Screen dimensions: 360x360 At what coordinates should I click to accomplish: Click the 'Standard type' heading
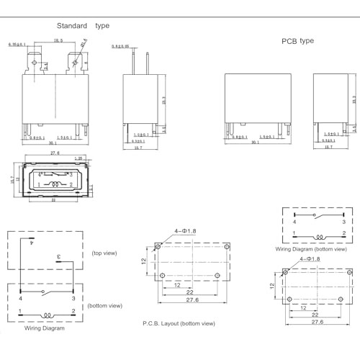pos(84,26)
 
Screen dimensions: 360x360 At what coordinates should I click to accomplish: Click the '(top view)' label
pos(105,253)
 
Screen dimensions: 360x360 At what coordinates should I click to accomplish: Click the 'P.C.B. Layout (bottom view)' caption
pos(179,323)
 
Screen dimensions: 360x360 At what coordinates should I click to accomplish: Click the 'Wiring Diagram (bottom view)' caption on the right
pos(311,249)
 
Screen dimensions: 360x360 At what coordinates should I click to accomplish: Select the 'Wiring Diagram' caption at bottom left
pos(45,328)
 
